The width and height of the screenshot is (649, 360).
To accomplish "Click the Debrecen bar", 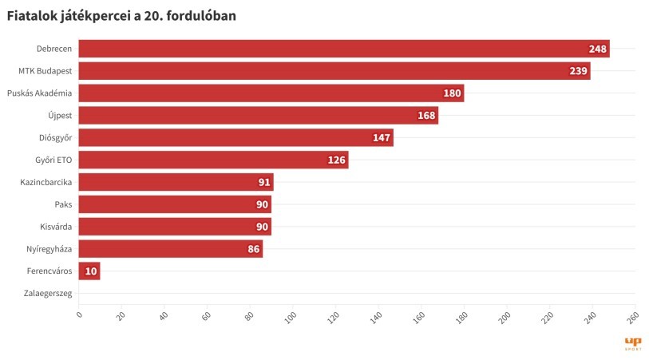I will (x=343, y=49).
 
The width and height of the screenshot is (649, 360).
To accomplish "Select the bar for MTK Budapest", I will (x=334, y=71).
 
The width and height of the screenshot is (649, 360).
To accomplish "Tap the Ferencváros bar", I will (x=89, y=271).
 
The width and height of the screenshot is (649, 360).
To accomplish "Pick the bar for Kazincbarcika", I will (x=176, y=182).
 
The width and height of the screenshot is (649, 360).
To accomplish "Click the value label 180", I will (x=452, y=93).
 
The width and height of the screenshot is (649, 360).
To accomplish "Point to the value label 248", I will (x=598, y=49).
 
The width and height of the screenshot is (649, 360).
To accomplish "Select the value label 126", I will (x=336, y=160).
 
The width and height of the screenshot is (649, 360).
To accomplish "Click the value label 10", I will (x=90, y=271).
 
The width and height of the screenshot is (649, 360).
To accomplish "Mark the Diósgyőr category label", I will (x=55, y=138).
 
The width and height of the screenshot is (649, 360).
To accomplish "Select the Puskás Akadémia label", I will (x=39, y=93).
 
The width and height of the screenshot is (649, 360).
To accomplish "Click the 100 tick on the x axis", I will (x=291, y=318).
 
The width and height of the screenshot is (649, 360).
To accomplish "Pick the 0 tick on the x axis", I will (x=78, y=316).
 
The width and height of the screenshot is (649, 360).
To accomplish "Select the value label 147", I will (x=381, y=138).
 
